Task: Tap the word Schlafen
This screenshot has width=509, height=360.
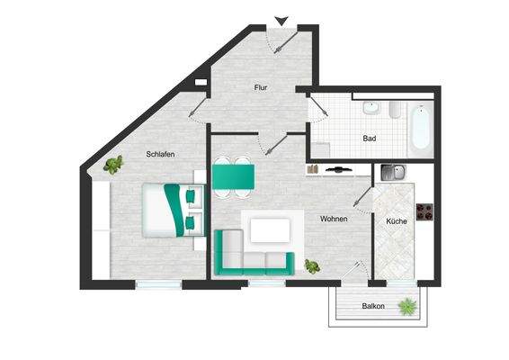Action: [159, 154]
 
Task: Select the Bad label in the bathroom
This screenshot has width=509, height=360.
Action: [369, 139]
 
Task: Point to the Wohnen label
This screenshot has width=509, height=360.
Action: [334, 219]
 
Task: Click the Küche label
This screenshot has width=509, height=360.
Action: [396, 220]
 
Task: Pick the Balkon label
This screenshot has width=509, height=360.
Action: [373, 306]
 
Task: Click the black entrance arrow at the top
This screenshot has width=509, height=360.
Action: [281, 21]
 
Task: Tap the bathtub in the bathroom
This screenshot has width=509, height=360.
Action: [420, 128]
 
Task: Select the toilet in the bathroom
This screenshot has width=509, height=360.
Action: [395, 110]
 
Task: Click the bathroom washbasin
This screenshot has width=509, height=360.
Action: [370, 109]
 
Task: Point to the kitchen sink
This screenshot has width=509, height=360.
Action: [392, 173]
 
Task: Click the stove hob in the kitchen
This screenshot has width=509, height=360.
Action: [425, 213]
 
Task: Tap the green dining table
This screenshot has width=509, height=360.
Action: [233, 175]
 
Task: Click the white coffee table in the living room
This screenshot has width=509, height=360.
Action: [270, 230]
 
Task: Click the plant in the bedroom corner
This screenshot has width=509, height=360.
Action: [113, 164]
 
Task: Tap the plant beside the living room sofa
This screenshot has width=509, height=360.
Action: [312, 265]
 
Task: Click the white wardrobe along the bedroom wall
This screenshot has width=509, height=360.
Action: [101, 229]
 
